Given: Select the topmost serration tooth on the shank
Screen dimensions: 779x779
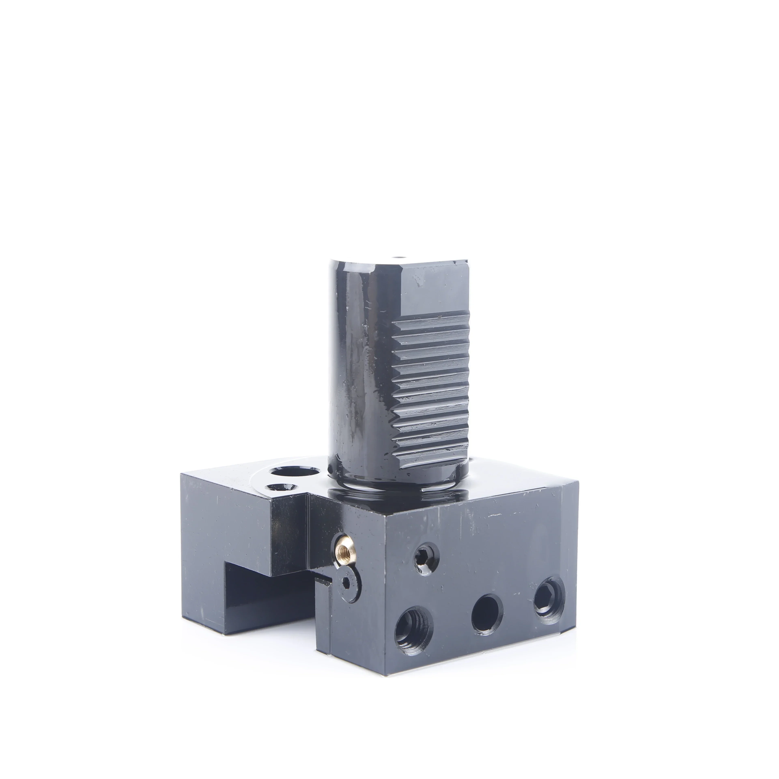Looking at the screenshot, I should coord(431,321).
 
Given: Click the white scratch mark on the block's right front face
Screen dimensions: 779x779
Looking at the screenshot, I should coord(495,515).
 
